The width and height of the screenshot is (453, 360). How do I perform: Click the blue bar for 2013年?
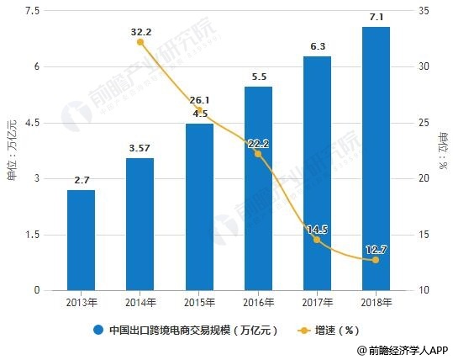82,240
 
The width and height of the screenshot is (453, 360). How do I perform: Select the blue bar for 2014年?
140,224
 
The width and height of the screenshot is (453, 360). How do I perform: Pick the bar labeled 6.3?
317,173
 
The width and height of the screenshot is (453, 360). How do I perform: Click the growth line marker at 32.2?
140,42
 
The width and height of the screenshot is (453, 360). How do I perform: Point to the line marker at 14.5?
317,240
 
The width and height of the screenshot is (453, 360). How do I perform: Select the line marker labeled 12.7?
376,260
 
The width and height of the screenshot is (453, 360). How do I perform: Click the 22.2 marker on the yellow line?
258,154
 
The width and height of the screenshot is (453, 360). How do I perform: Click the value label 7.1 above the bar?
376,17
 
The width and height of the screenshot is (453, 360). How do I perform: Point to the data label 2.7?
82,180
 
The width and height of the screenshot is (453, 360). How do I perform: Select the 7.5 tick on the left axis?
34,11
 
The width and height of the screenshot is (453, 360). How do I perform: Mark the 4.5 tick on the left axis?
34,123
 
